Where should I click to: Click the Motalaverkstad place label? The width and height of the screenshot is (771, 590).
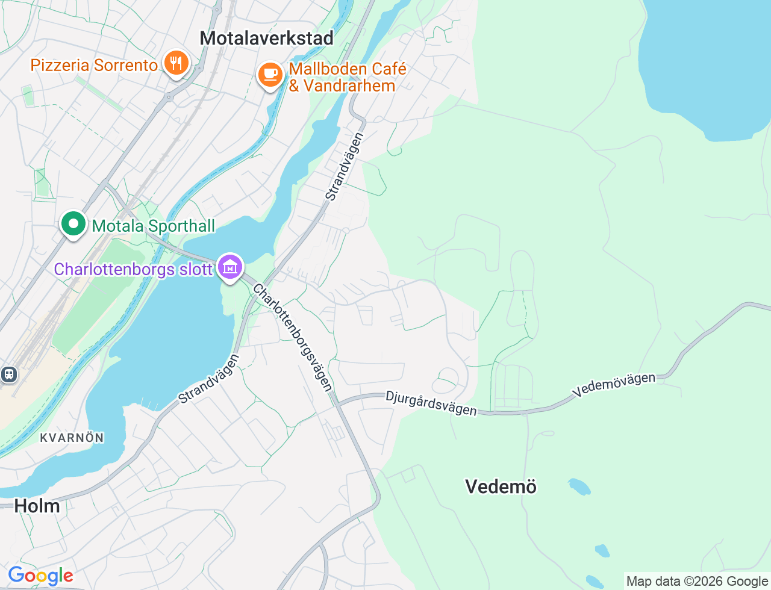(x=266, y=38)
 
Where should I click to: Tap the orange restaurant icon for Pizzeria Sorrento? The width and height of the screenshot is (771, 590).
(x=175, y=63)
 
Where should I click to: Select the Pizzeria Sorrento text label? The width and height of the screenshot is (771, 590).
(x=94, y=65)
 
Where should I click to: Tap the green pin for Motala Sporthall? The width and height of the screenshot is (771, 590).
(x=73, y=224)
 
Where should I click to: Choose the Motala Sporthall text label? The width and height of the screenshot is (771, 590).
(x=153, y=226)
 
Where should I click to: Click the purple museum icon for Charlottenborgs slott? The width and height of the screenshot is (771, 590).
(x=229, y=267)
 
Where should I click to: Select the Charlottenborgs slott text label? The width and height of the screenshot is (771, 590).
(x=133, y=269)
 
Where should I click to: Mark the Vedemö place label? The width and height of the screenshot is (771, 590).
(x=501, y=486)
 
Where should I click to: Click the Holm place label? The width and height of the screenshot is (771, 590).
(x=37, y=506)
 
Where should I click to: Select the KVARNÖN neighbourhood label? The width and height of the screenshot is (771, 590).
(x=72, y=438)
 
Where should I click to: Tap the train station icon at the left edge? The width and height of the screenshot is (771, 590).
(x=8, y=374)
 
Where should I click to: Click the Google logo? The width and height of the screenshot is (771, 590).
(x=40, y=576)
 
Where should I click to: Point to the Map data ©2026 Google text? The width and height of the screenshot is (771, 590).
(x=697, y=581)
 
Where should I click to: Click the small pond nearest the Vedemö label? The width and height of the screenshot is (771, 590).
(x=579, y=486)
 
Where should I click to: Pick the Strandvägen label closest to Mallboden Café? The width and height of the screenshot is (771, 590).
(x=345, y=167)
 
